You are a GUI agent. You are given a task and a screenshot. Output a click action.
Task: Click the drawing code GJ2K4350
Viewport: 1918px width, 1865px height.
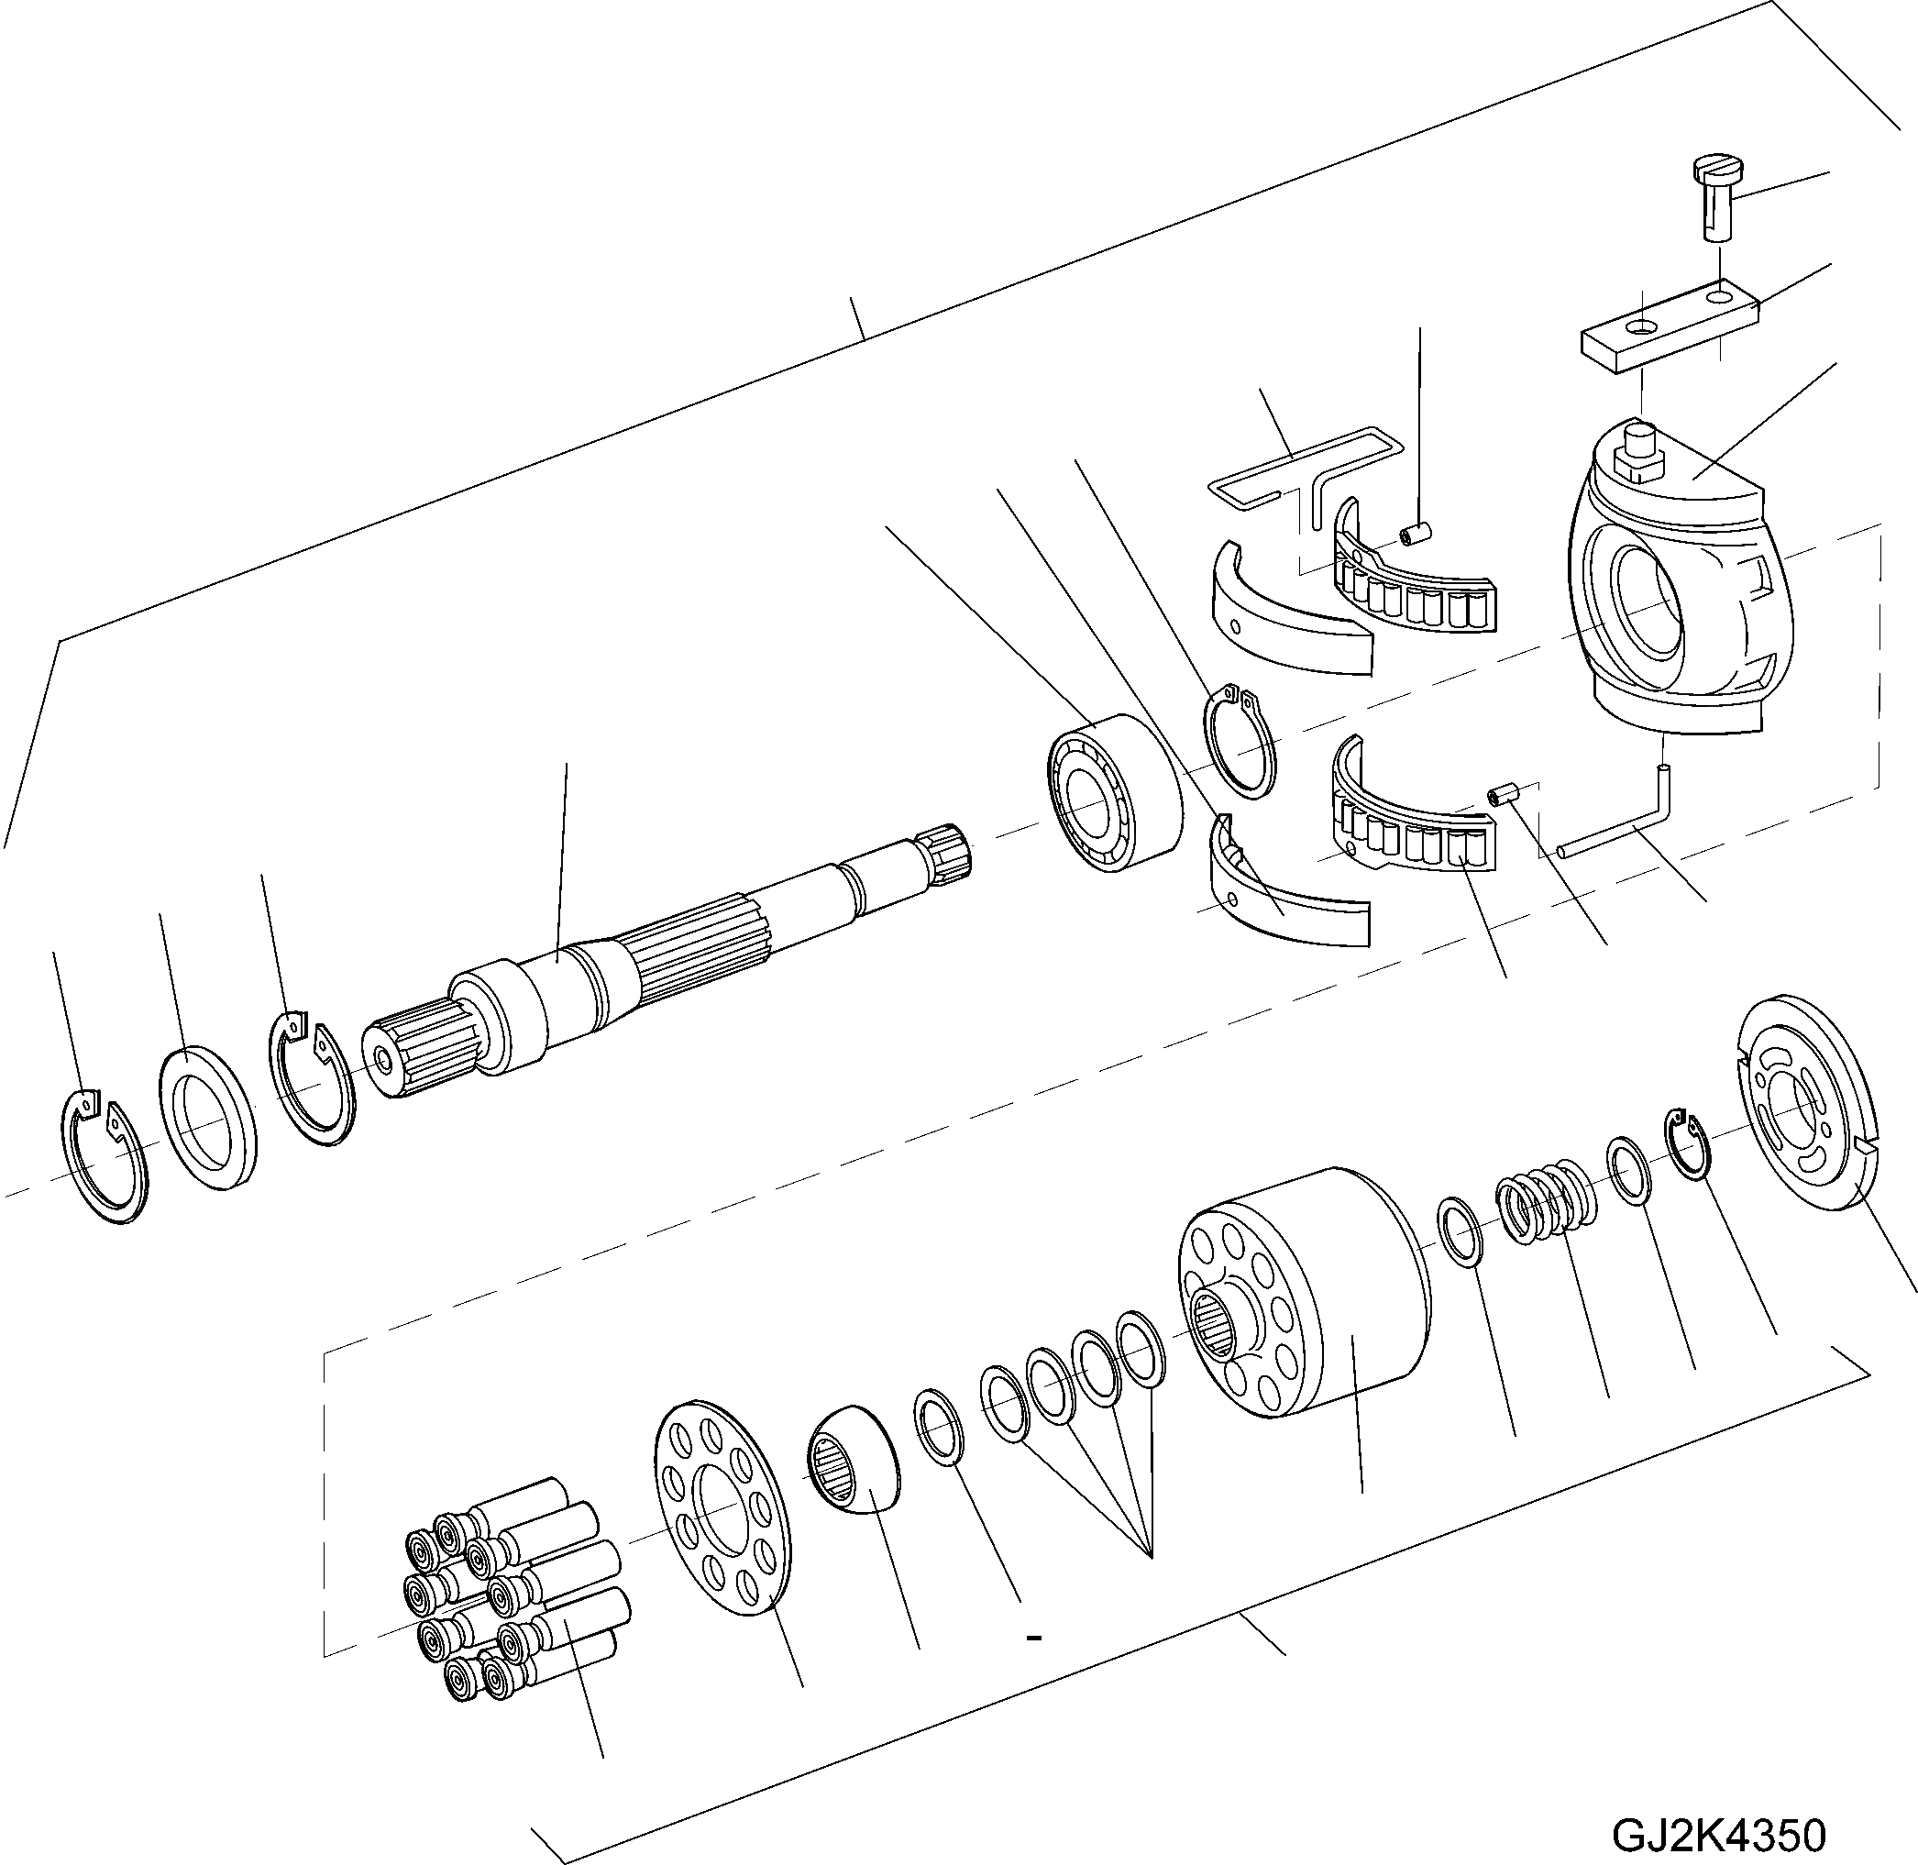pos(1719,1835)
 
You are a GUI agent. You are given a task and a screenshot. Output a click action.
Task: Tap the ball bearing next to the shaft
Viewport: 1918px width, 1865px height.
pos(1114,791)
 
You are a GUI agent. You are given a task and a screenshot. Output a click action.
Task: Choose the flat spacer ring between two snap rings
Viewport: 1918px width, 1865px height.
pos(208,1117)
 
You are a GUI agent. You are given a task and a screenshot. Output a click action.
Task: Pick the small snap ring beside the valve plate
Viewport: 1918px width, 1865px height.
pos(1689,1143)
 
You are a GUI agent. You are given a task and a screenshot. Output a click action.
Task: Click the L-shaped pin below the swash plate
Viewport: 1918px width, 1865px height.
pos(1626,821)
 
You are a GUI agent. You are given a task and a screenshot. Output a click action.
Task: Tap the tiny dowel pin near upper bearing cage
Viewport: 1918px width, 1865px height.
pos(1415,533)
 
